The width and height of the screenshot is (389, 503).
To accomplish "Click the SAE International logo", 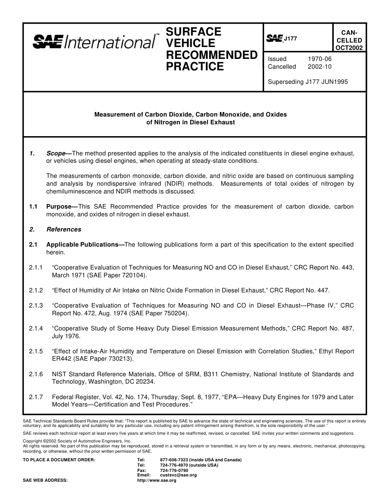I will click(94, 41).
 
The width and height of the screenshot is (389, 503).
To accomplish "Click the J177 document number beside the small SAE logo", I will click(290, 38).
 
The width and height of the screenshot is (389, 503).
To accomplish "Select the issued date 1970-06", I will click(319, 59).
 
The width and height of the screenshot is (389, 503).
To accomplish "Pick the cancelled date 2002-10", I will click(319, 67).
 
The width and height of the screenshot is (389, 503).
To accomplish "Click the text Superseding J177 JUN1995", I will click(308, 82).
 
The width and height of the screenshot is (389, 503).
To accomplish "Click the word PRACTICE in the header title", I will click(195, 67).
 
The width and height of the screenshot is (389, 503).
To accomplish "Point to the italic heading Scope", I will click(56, 153).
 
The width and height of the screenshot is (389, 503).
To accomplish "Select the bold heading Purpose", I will click(59, 207).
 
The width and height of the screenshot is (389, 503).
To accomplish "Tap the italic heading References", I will click(64, 229).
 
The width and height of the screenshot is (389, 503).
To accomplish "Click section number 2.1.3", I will click(36, 305).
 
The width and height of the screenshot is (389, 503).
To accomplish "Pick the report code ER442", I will click(61, 359).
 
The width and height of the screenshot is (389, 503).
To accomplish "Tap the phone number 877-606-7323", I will click(174, 460).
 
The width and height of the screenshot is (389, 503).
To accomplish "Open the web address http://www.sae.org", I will click(156, 481).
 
